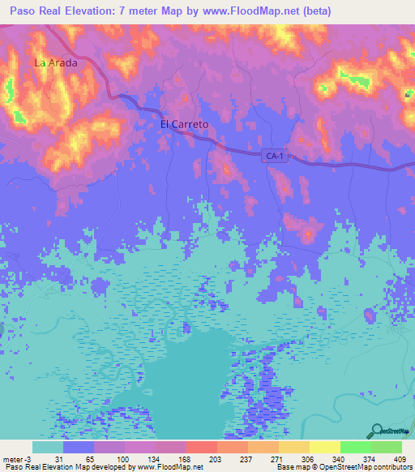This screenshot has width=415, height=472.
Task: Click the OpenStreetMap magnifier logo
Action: click(377, 431)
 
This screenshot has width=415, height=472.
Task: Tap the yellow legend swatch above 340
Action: click(324, 447)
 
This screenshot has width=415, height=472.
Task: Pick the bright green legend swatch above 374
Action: click(355, 447)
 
